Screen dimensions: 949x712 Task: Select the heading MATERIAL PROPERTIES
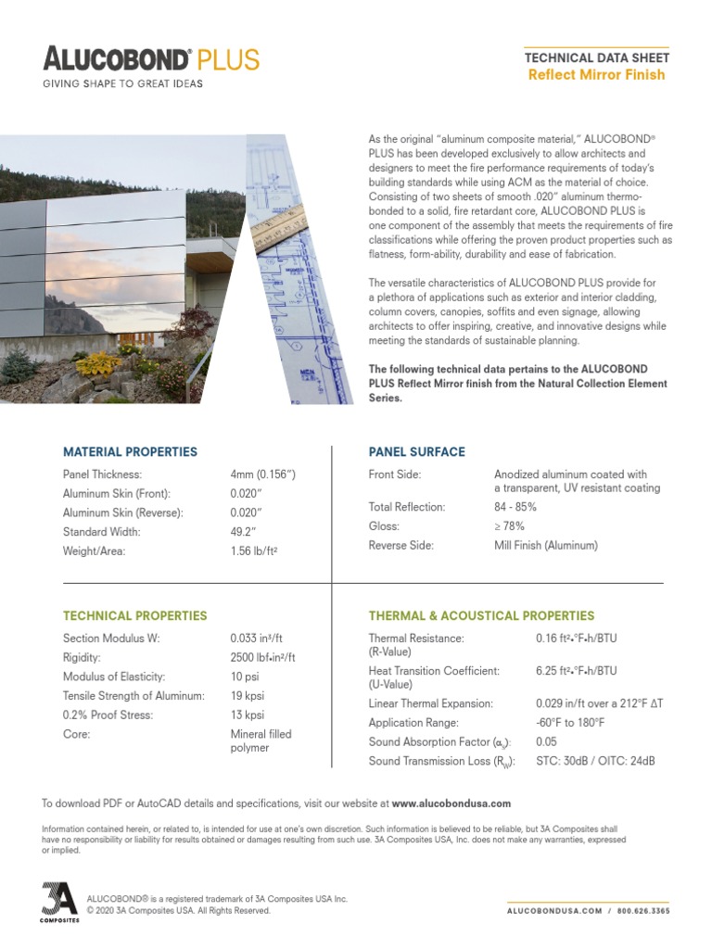pos(130,452)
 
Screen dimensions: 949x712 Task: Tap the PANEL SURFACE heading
pos(416,452)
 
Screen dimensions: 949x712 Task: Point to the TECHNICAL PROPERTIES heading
pos(134,615)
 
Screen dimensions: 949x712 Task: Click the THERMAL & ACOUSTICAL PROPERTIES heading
pos(481,615)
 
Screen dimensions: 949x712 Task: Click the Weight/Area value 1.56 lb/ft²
pos(254,551)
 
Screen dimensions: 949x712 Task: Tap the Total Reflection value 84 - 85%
pos(515,507)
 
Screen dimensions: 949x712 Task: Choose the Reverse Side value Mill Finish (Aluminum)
pos(546,546)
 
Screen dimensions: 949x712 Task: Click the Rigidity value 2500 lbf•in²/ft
pos(262,657)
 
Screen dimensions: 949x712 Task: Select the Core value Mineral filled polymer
pos(261,740)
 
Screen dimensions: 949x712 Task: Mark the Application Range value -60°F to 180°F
pos(570,723)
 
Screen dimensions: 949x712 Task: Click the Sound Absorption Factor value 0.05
pos(546,742)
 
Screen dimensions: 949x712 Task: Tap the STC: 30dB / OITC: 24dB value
pos(595,762)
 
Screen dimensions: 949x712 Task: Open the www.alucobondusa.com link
pos(451,803)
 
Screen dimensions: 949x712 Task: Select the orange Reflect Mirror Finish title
pos(596,75)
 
